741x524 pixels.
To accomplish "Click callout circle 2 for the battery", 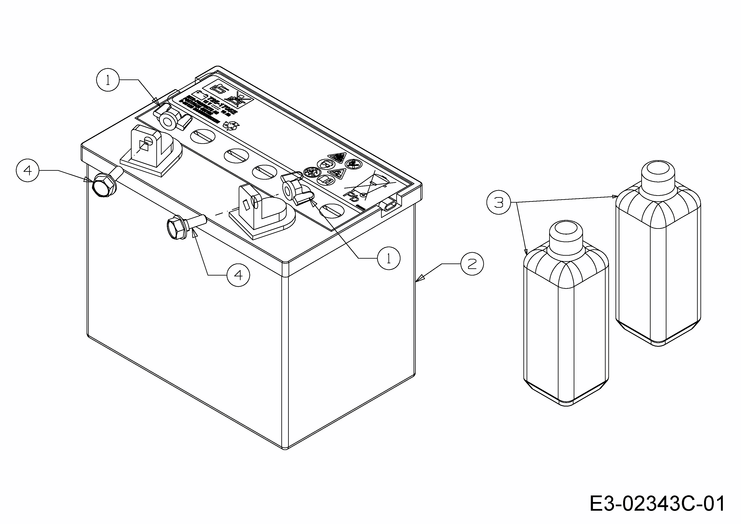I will point(472,264).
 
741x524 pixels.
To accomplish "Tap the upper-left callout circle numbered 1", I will point(108,80).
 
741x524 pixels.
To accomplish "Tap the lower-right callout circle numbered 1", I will point(389,258).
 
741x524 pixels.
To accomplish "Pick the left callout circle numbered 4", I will point(27,170).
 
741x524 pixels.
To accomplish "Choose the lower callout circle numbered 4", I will point(238,275).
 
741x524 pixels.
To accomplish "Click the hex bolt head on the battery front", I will point(176,228).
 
